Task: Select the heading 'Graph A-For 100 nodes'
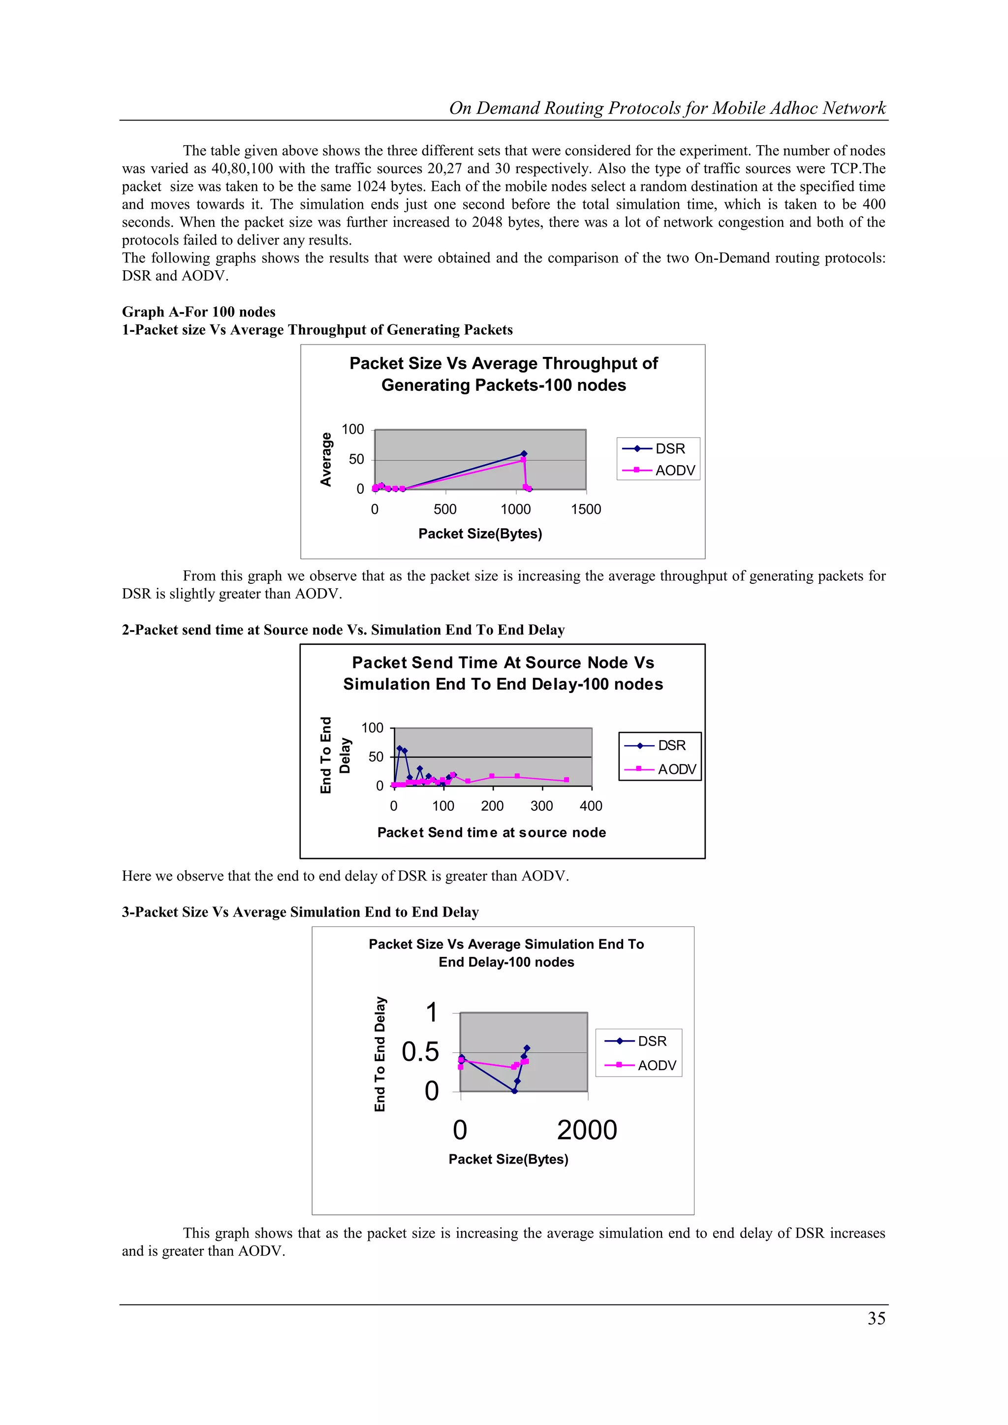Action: pyautogui.click(x=199, y=312)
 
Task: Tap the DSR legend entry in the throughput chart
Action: pyautogui.click(x=658, y=449)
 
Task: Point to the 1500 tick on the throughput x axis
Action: pyautogui.click(x=586, y=509)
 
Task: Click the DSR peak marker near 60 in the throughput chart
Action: pyautogui.click(x=524, y=454)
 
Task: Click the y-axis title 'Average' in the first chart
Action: pyautogui.click(x=326, y=459)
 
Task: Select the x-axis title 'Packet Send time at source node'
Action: pyautogui.click(x=492, y=832)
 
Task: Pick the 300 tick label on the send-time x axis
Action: pyautogui.click(x=541, y=806)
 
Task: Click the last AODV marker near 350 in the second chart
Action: pyautogui.click(x=567, y=780)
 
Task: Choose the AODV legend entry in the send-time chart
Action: pyautogui.click(x=663, y=770)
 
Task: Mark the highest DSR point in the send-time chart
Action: pyautogui.click(x=399, y=749)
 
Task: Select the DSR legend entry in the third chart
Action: pyautogui.click(x=639, y=1042)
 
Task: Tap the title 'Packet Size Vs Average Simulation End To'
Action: pyautogui.click(x=506, y=944)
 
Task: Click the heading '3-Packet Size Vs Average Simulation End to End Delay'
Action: pyautogui.click(x=300, y=912)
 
